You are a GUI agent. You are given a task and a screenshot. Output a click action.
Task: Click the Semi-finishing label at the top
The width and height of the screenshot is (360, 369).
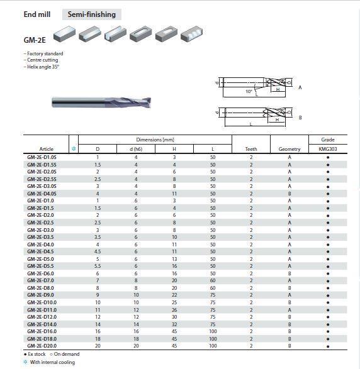coord(92,14)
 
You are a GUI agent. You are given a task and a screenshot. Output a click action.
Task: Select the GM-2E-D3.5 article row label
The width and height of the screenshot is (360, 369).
coord(40,237)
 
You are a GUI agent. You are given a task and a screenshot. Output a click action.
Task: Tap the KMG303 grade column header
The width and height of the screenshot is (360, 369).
coord(328,149)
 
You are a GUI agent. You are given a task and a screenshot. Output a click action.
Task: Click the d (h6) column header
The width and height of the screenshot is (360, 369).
coord(136,149)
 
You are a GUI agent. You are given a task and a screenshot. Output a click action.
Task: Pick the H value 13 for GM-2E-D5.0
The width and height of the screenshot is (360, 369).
coord(174,259)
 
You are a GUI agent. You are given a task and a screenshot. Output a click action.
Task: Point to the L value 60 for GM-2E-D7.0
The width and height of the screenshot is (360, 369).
coord(213,280)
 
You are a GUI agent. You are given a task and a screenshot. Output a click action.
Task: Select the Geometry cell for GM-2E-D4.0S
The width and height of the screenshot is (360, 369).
coord(290,194)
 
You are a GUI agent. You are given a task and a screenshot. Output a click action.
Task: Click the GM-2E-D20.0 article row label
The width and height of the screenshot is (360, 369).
coord(42,346)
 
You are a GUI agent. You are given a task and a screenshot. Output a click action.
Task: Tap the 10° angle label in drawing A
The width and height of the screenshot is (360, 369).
coord(249,91)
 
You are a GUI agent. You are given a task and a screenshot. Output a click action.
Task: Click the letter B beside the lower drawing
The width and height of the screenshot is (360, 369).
coord(300,118)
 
